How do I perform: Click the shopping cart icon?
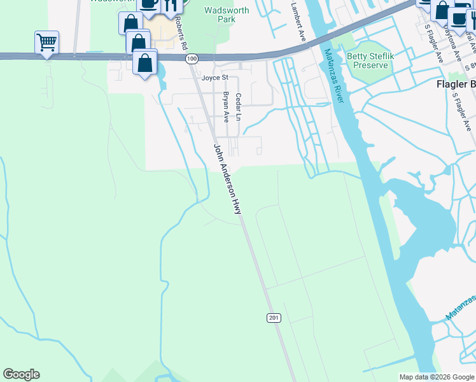tap(46, 43)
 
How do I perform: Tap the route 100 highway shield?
tap(192, 59)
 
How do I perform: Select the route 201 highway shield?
tap(274, 317)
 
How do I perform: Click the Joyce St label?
tap(214, 78)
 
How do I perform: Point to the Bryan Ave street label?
tap(225, 106)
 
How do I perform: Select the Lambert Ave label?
tap(298, 22)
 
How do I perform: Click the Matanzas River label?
tap(333, 76)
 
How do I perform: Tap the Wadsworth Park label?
tap(220, 14)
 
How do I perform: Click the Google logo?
tap(21, 374)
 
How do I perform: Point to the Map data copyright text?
tap(437, 377)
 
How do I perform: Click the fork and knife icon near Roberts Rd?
tap(171, 5)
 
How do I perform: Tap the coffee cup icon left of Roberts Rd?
tap(149, 4)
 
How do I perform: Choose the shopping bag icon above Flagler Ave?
tap(442, 9)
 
